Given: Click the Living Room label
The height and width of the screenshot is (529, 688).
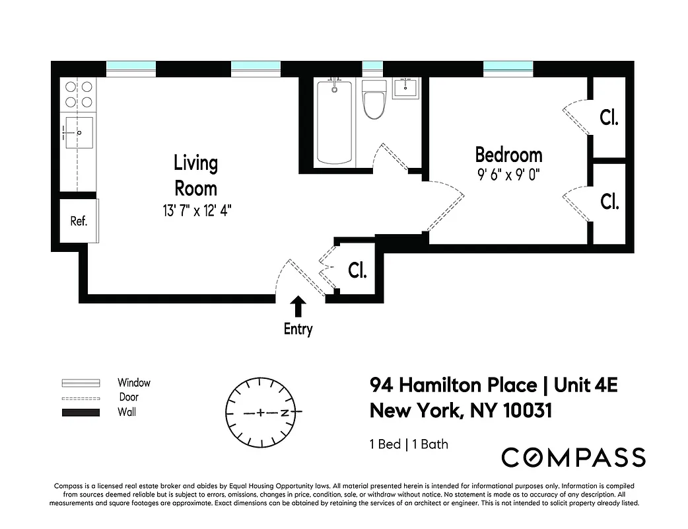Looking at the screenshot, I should click(195, 175).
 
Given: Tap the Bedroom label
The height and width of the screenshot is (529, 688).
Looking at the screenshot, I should click(508, 155).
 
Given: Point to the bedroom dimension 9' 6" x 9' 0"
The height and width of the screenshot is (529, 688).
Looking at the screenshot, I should click(508, 175).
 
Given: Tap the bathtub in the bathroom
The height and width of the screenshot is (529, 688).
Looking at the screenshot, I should click(334, 122).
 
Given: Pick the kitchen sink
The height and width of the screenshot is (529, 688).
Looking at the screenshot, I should click(78, 133).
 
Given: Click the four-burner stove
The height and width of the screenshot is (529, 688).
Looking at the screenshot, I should click(78, 93).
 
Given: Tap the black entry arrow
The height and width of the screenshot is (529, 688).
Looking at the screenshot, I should click(298, 306).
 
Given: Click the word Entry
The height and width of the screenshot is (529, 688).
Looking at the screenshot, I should click(298, 329).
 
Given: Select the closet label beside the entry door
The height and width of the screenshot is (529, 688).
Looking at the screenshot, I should click(357, 270).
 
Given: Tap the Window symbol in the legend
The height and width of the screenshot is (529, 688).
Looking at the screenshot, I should click(80, 383).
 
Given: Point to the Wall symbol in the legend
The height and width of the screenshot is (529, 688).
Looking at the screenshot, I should click(80, 412).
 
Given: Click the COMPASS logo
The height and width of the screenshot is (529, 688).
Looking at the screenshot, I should click(573, 458).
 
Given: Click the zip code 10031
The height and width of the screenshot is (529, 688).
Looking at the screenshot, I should click(527, 411).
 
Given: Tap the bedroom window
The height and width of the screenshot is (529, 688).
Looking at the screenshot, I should click(508, 67).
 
